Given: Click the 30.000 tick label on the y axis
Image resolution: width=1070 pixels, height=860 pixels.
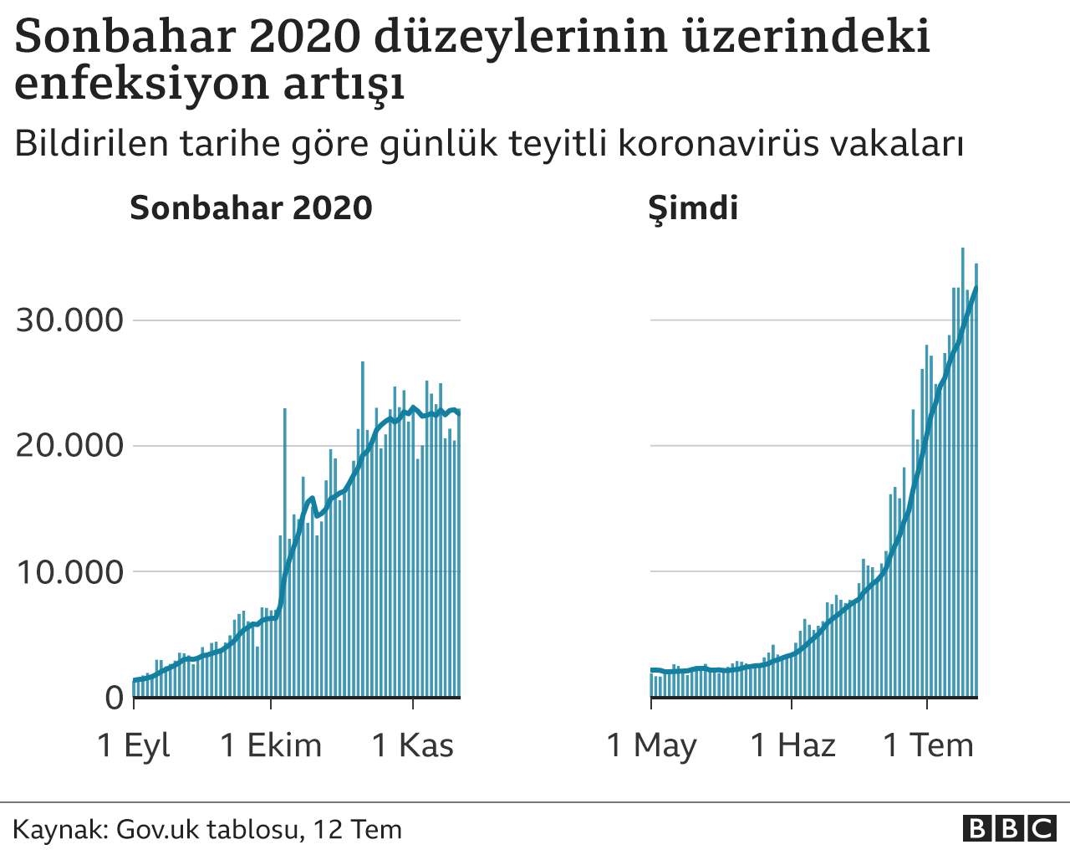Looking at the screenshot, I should (x=69, y=320).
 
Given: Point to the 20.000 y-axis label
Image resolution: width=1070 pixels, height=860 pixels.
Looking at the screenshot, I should (x=69, y=445).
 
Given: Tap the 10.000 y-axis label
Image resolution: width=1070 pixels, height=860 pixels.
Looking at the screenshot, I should (x=69, y=572).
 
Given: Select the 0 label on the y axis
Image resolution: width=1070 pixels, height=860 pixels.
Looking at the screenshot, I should (x=115, y=698).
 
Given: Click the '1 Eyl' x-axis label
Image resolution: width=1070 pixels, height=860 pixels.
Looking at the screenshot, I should (x=134, y=745).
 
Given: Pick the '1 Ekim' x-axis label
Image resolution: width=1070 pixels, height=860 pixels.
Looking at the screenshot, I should (x=271, y=745).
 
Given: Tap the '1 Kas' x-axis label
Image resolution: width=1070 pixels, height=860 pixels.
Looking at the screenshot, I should (x=413, y=745).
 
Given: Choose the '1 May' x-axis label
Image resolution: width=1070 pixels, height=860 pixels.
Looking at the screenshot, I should (x=651, y=745).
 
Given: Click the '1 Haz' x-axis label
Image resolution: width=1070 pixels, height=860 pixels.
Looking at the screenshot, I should (x=792, y=745).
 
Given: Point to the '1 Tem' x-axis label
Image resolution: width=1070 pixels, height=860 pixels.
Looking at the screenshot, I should (x=929, y=745).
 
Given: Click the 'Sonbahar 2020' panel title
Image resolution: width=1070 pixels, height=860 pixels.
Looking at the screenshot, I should (x=251, y=207).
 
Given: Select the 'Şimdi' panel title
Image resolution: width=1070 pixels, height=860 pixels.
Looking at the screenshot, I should (x=693, y=207).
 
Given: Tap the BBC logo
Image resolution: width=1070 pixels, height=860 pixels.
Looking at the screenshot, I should (x=1009, y=828).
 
